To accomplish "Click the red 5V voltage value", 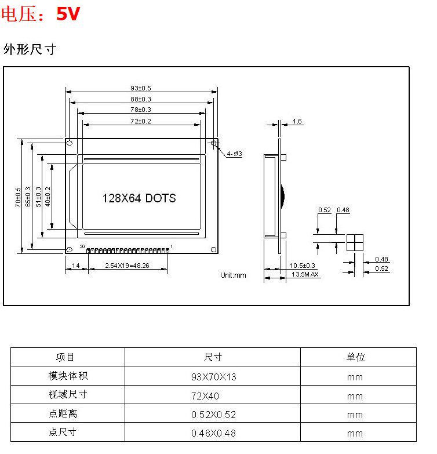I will click(x=67, y=14).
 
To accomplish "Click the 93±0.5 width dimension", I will click(x=141, y=88).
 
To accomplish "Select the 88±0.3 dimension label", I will click(x=141, y=99).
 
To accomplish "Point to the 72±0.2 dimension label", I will click(x=141, y=121).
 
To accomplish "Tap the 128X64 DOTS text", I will click(x=139, y=198).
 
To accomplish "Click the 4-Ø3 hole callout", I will click(x=234, y=154).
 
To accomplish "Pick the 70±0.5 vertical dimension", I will click(x=19, y=197).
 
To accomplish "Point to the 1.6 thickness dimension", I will click(x=297, y=121).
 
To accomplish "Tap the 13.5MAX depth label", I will click(x=305, y=274).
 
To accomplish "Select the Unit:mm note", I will click(x=233, y=275).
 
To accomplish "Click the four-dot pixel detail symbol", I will click(x=354, y=243).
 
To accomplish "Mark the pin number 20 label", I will click(x=82, y=247).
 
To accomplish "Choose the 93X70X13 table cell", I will click(x=213, y=377).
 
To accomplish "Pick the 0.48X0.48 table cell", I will click(x=213, y=433).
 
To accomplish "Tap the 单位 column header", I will click(x=355, y=357).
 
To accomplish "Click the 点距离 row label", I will click(x=63, y=414).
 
